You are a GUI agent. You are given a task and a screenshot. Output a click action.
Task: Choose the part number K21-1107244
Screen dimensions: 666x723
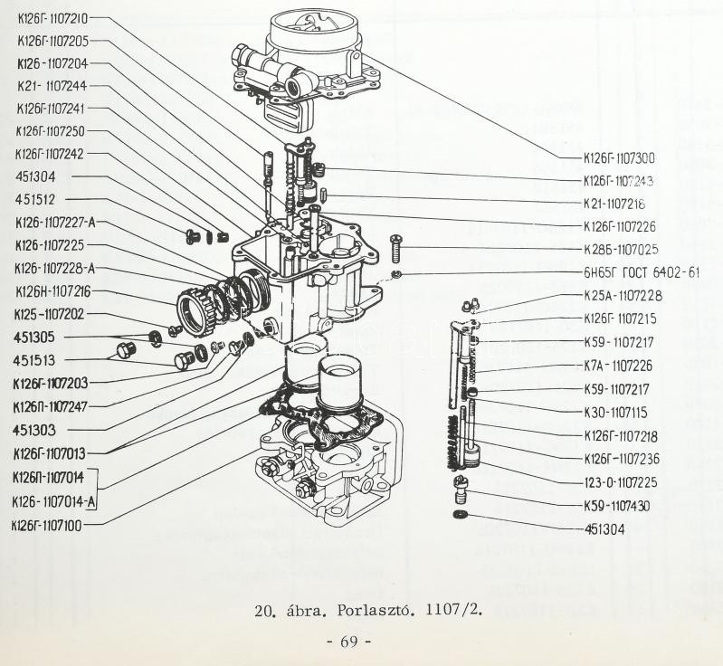click(x=52, y=87)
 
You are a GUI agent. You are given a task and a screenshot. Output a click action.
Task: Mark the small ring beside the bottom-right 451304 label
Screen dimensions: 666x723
click(x=461, y=516)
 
